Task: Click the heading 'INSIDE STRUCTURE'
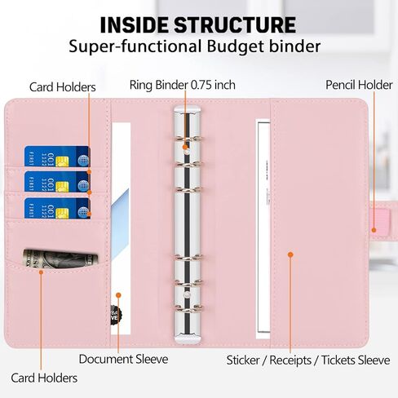point(198,25)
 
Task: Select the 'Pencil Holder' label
point(359,85)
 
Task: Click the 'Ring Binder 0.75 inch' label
point(182,85)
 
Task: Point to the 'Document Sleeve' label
point(123,359)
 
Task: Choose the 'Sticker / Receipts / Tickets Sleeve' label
point(308,360)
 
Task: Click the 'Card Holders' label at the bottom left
point(44,378)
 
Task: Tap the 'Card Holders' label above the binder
point(63,87)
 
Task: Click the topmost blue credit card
point(57,157)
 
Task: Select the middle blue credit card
point(57,181)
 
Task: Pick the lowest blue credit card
point(57,208)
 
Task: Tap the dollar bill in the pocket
point(60,259)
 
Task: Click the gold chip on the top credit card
point(62,161)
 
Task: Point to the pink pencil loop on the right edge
point(380,221)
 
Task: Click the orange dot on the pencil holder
point(374,230)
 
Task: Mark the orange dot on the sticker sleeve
point(290,254)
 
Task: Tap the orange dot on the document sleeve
point(118,295)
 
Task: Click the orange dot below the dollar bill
point(41,272)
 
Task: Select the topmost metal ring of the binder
point(188,139)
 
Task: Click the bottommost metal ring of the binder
point(188,308)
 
